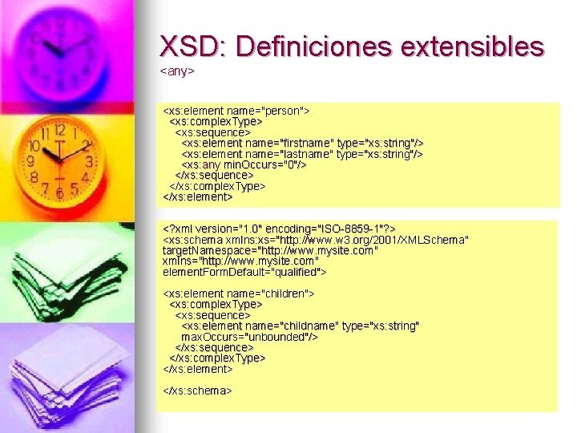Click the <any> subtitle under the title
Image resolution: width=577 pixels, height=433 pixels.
(x=178, y=71)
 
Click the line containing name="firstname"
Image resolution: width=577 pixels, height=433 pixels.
(x=302, y=143)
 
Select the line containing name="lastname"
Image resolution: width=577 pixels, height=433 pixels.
(x=302, y=153)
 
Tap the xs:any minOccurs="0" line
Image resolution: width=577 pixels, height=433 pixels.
(x=244, y=164)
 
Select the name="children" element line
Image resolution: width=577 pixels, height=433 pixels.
(x=239, y=293)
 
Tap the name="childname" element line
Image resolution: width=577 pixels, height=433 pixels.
(x=301, y=326)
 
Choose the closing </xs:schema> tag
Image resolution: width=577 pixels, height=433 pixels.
(x=197, y=391)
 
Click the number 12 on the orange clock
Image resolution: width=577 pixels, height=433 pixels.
(x=59, y=130)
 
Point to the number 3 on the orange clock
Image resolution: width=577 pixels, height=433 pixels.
(x=89, y=162)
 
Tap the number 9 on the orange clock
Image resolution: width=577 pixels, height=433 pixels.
(x=30, y=161)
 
